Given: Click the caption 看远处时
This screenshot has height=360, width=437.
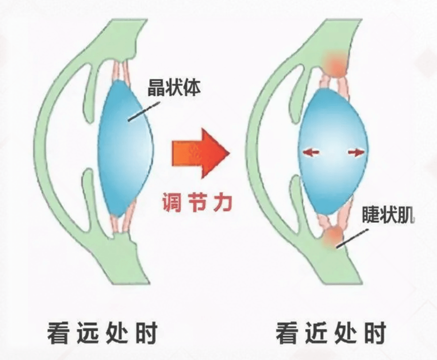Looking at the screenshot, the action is tap(102, 333).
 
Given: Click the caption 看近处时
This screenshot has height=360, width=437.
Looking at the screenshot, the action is tap(331, 333).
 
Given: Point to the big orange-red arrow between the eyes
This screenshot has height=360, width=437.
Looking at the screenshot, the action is tap(201, 153).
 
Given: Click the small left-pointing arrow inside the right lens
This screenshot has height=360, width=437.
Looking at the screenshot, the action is tap(312, 152).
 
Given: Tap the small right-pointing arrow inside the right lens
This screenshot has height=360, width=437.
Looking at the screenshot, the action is tap(356, 152).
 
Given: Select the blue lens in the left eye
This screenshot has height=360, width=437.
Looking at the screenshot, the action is tap(125, 148).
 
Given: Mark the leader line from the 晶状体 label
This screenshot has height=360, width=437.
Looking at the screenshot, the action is tap(144, 111).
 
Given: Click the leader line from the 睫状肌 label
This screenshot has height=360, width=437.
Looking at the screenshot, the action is tap(352, 238).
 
